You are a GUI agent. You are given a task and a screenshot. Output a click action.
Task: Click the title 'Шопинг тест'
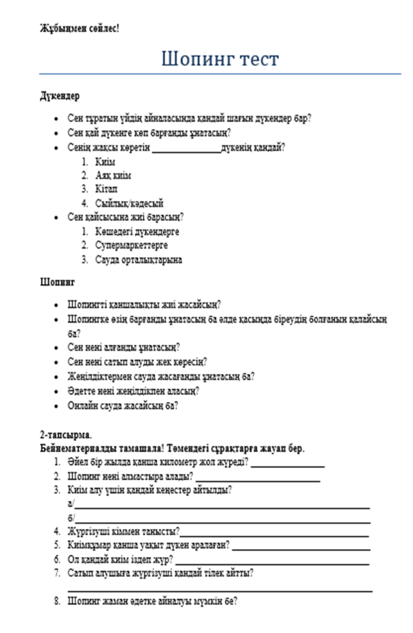pos(220,59)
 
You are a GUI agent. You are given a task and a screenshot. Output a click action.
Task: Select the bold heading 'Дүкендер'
pos(60,96)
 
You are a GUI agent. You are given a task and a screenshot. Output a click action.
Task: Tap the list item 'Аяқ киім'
pos(113,176)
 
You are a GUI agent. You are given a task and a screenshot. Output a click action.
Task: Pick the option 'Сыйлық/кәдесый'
pos(129,203)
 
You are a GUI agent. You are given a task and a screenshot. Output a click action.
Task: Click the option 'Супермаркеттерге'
pos(131,245)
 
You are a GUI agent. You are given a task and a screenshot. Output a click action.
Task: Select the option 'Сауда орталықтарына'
pos(138,259)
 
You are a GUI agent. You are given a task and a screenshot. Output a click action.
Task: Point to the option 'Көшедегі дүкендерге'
pos(137,232)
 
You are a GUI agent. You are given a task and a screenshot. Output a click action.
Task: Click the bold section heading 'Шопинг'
pos(57,282)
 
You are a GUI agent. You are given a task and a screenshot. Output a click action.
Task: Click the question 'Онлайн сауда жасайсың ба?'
pos(122,405)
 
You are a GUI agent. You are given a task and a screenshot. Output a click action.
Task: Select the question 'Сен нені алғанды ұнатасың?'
pos(124,348)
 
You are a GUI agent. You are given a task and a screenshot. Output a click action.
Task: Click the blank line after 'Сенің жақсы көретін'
pos(186,149)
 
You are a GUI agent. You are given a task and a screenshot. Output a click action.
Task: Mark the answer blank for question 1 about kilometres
pos(287,464)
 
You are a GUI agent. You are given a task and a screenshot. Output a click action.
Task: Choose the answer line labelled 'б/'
pos(222,519)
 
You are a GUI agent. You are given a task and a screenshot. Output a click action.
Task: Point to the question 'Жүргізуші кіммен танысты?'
pos(124,532)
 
